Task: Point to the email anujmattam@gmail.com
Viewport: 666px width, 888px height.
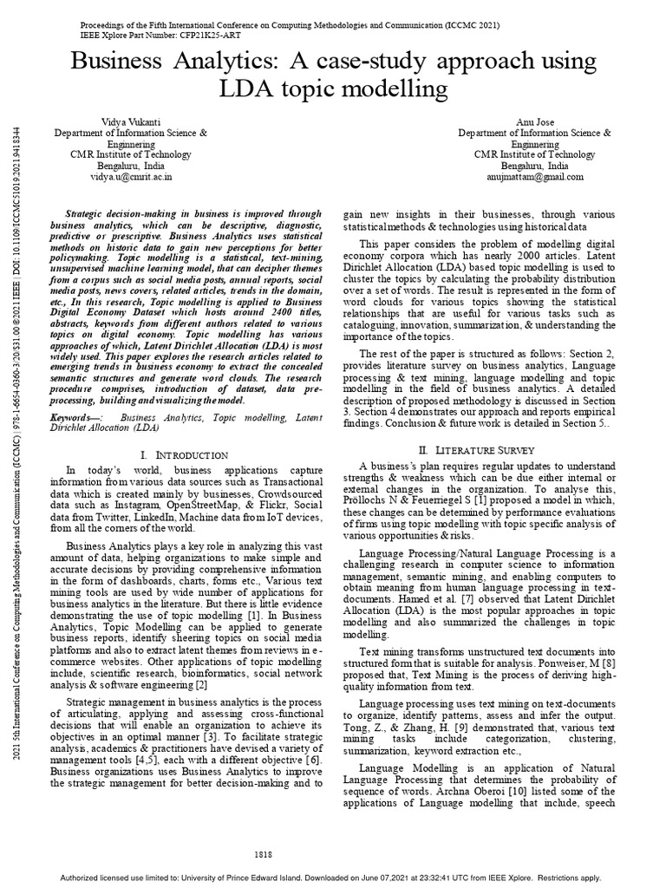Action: pos(535,175)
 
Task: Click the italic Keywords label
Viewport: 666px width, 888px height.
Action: pos(91,417)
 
